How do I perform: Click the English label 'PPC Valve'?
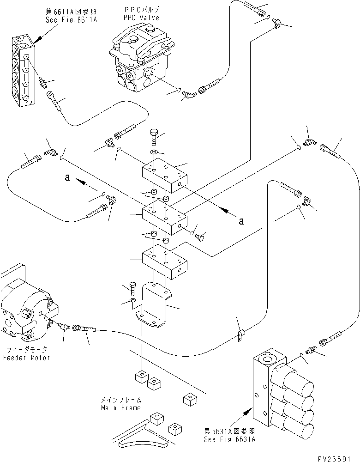tap(142, 18)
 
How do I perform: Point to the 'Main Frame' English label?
tap(121, 407)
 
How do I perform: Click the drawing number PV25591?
tap(338, 457)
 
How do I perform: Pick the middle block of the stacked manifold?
tap(164, 217)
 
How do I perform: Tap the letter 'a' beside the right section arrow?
tap(241, 221)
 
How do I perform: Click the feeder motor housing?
tap(25, 310)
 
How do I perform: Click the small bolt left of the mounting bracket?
tap(133, 289)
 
